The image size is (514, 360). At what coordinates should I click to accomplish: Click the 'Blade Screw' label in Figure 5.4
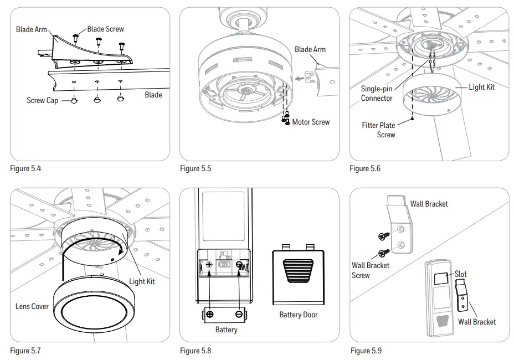tap(105, 29)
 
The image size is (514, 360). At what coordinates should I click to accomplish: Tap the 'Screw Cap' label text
tap(42, 101)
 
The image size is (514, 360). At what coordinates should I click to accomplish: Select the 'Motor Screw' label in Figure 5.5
tap(311, 122)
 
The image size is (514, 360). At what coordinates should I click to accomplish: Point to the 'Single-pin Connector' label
tap(377, 94)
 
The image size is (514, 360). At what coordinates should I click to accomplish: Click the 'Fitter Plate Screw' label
tap(379, 130)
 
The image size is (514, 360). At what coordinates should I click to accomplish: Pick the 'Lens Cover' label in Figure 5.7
tap(32, 306)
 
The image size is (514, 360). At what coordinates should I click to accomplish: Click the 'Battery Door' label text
tap(298, 315)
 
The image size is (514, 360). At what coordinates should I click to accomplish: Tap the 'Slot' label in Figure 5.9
tap(461, 274)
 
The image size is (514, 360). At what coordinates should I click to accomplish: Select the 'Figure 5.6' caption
tap(365, 168)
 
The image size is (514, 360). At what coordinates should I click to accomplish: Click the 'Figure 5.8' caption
tap(196, 351)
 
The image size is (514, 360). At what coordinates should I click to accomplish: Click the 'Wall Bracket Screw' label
tap(370, 270)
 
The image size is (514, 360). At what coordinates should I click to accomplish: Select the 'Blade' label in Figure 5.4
tap(153, 95)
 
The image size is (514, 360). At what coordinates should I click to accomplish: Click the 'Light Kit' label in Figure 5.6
tap(481, 87)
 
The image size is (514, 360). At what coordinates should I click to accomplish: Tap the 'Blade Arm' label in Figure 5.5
tap(310, 49)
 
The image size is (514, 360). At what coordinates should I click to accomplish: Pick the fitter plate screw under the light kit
tap(414, 118)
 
